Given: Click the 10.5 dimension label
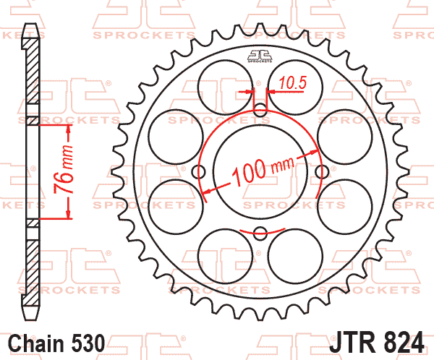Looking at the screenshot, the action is coord(293,82).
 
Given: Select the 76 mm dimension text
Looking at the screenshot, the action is coord(64,168).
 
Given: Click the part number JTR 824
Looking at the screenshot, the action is coord(377,343).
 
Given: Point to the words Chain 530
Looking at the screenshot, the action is coord(56,343).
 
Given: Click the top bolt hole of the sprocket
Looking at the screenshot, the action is coord(260,110).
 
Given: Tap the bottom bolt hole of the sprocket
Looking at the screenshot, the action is coord(260,233).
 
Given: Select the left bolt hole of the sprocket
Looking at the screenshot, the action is coord(199,171).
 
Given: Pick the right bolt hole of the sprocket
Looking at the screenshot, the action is coord(322,171).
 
